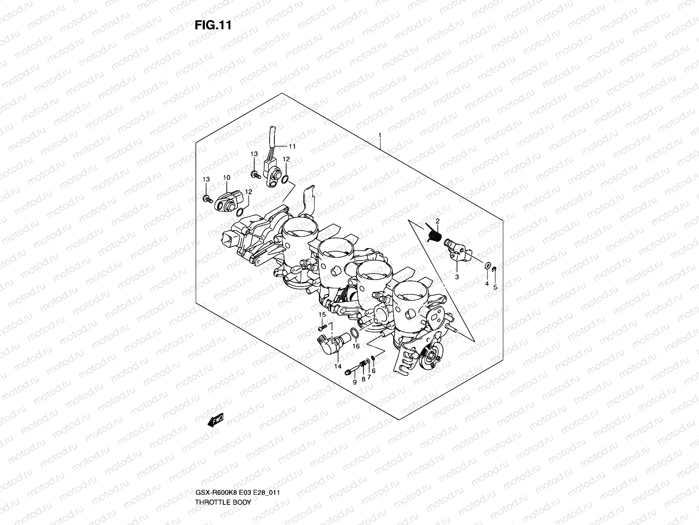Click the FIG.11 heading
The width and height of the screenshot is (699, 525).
tap(213, 25)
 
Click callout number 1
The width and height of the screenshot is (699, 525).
tap(380, 99)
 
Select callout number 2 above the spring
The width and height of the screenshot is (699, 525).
tap(437, 221)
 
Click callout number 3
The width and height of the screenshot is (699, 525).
tap(457, 277)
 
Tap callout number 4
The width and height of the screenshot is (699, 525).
tap(487, 283)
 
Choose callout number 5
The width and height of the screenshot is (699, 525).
tap(495, 287)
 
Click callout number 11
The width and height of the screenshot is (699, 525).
tap(292, 146)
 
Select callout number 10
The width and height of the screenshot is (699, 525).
tap(226, 178)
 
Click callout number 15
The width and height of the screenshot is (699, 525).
tap(322, 315)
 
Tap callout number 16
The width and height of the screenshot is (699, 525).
tap(356, 346)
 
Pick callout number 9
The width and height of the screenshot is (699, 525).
tap(355, 381)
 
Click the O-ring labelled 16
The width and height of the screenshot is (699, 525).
tap(356, 335)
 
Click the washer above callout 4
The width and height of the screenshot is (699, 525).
tap(486, 265)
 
